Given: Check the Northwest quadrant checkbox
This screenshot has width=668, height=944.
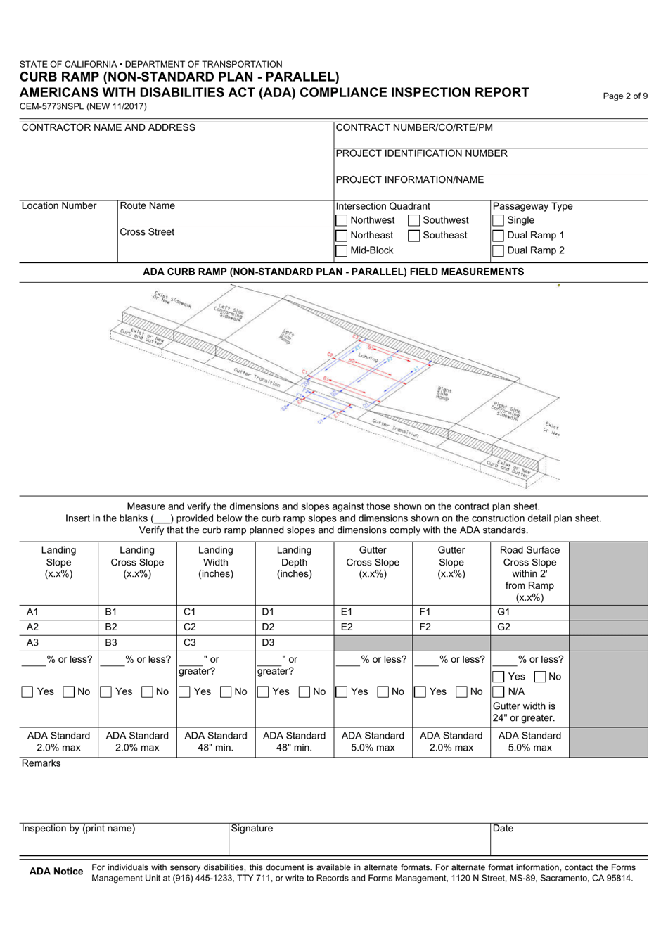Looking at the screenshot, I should pyautogui.click(x=342, y=221).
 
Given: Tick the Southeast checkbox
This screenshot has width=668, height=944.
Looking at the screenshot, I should pyautogui.click(x=415, y=236).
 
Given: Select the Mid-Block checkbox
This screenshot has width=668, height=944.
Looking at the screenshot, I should pyautogui.click(x=342, y=250).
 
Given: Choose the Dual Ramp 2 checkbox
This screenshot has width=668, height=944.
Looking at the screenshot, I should pyautogui.click(x=499, y=250).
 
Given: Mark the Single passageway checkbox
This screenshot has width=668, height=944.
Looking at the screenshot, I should pyautogui.click(x=499, y=221).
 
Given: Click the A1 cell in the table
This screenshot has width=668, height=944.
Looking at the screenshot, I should pyautogui.click(x=58, y=612).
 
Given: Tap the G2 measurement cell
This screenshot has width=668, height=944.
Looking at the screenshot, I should pyautogui.click(x=529, y=627).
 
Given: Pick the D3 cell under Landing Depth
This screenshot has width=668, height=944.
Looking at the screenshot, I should pyautogui.click(x=294, y=642).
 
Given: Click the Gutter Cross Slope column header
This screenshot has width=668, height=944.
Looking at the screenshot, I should pyautogui.click(x=373, y=562).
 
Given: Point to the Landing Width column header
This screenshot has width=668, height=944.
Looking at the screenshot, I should pyautogui.click(x=215, y=562).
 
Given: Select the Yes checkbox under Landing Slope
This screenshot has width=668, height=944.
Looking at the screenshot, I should pyautogui.click(x=27, y=692).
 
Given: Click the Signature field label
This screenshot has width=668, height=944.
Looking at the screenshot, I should pyautogui.click(x=252, y=829).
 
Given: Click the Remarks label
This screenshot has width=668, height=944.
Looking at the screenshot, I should pyautogui.click(x=41, y=763).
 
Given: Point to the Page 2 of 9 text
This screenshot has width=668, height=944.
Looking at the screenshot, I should pyautogui.click(x=625, y=96).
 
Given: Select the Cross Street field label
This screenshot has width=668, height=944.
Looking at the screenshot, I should pyautogui.click(x=147, y=232).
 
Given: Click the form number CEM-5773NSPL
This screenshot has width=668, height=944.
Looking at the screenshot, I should pyautogui.click(x=83, y=107).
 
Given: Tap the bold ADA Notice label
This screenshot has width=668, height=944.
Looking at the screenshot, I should pyautogui.click(x=56, y=872).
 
